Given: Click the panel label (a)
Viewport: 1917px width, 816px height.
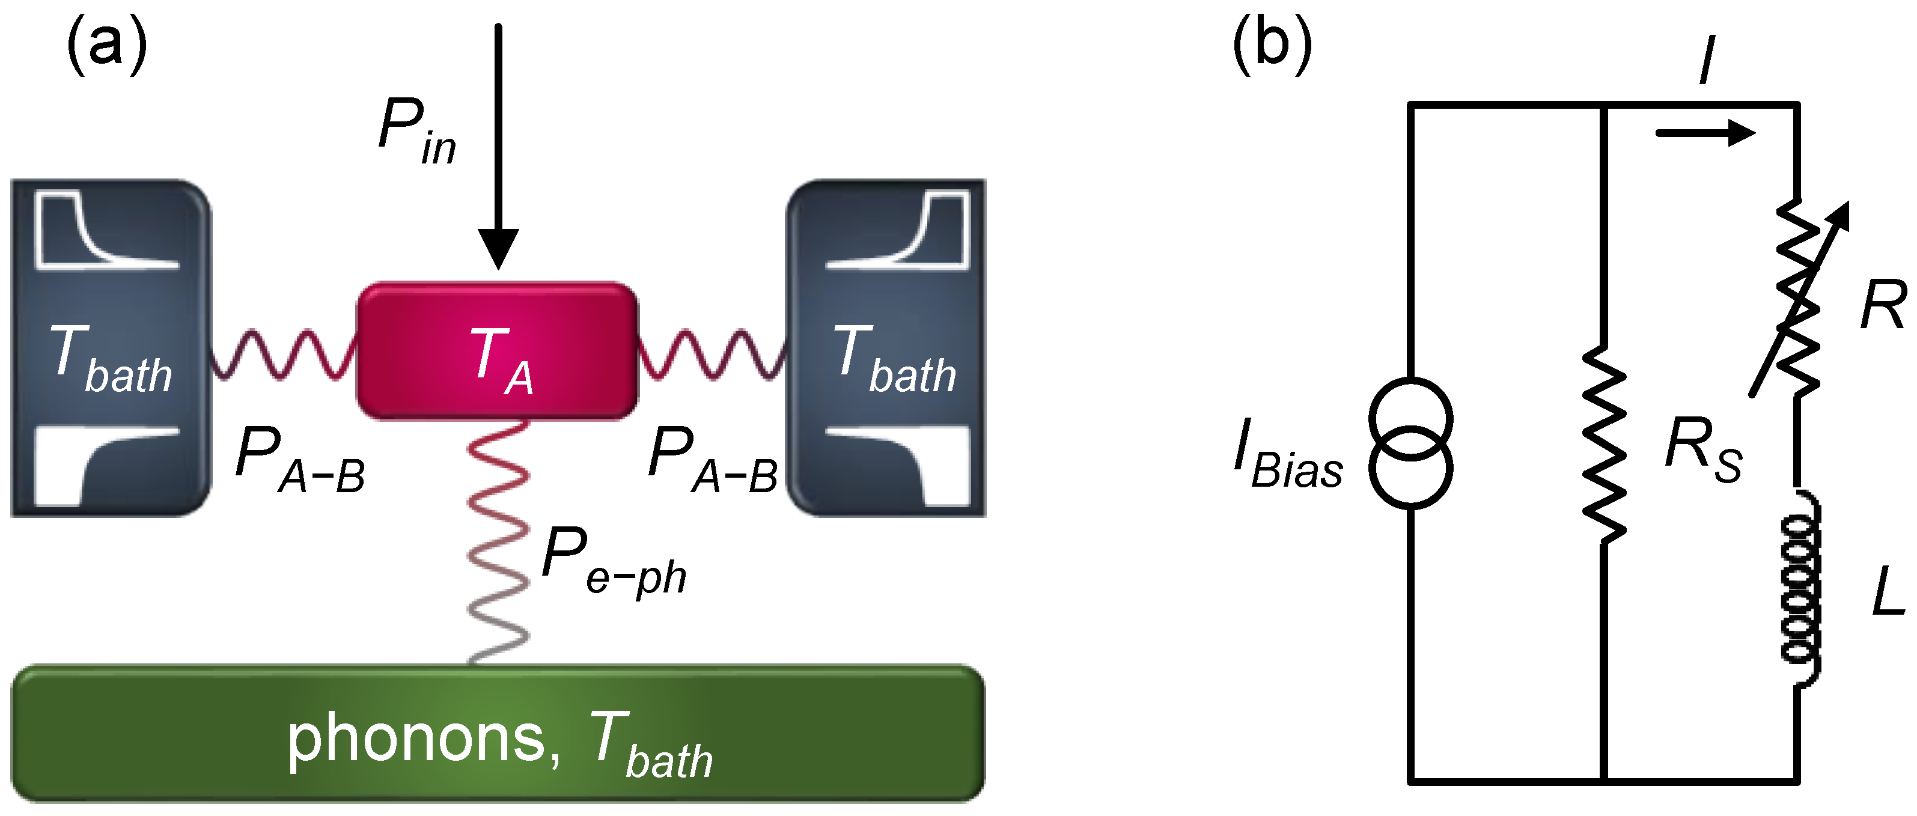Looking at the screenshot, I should tap(106, 44).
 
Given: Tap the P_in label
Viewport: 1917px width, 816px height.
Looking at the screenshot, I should tap(416, 130).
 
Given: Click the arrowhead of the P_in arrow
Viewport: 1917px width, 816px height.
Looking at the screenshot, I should tap(498, 249).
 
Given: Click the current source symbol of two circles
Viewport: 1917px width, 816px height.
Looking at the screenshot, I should tap(1410, 443).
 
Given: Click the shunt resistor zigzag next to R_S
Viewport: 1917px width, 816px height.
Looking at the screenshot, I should tap(1605, 445).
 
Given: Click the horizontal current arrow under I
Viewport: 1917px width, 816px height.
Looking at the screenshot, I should tap(1704, 133).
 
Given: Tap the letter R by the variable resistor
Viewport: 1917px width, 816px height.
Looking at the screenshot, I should tap(1883, 305).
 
